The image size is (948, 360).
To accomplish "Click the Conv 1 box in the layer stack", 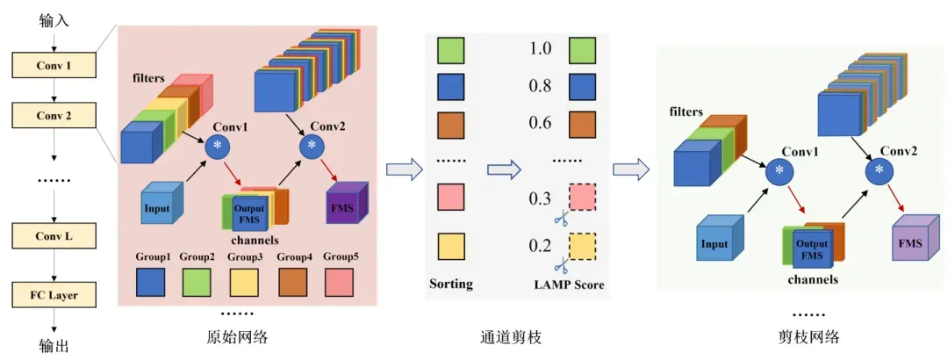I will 54,66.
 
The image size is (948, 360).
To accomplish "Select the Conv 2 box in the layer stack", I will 54,115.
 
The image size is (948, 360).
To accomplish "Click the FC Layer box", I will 54,295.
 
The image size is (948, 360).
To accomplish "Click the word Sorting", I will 451,284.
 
